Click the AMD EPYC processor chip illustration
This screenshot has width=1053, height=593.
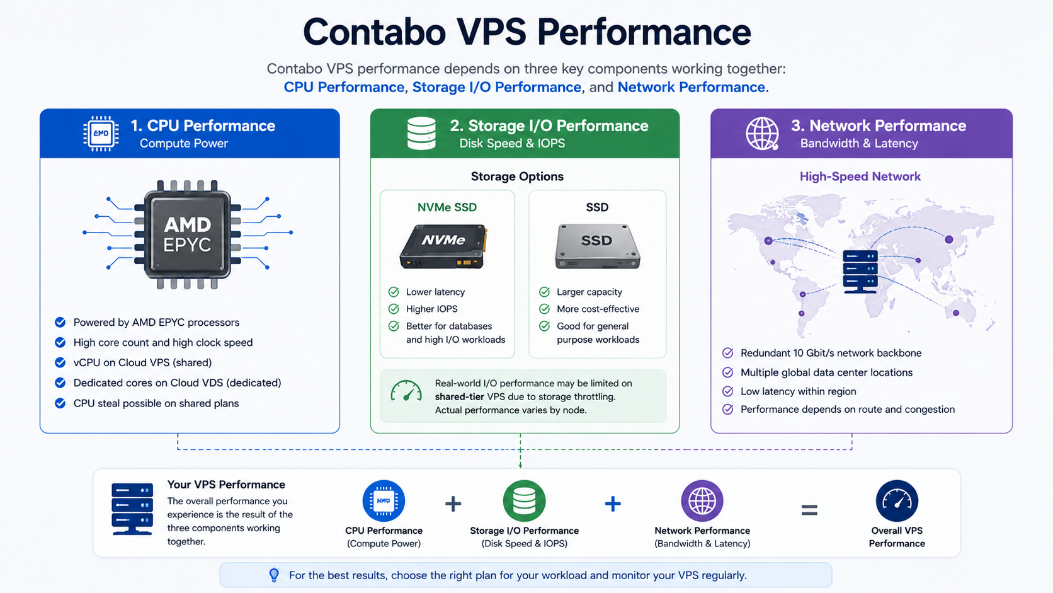pos(188,234)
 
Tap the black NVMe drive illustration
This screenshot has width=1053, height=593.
pos(444,246)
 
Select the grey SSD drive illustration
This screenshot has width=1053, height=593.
pos(598,246)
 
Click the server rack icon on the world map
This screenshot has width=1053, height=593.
pos(860,272)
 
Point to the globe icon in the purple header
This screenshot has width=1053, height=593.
pos(762,134)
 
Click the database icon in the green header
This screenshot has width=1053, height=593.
pos(421,134)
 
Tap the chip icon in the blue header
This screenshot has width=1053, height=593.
pos(101,134)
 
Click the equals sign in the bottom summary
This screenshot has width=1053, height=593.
pos(809,510)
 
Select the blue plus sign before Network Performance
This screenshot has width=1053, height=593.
pos(613,504)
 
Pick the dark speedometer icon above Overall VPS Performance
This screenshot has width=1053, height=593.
pos(896,501)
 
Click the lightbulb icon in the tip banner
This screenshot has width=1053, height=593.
pos(274,575)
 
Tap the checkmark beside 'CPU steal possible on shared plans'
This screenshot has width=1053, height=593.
pos(60,403)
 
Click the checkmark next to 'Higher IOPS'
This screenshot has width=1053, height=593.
pos(394,309)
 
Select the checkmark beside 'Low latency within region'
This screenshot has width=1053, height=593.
pos(727,391)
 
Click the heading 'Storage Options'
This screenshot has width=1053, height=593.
pos(517,176)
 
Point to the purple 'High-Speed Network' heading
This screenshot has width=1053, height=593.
pos(860,176)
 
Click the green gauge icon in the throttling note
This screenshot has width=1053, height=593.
pos(406,391)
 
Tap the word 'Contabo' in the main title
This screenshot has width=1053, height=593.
pos(374,32)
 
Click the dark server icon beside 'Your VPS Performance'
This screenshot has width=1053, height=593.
pos(132,509)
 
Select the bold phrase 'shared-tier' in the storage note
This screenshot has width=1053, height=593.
pos(453,396)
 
